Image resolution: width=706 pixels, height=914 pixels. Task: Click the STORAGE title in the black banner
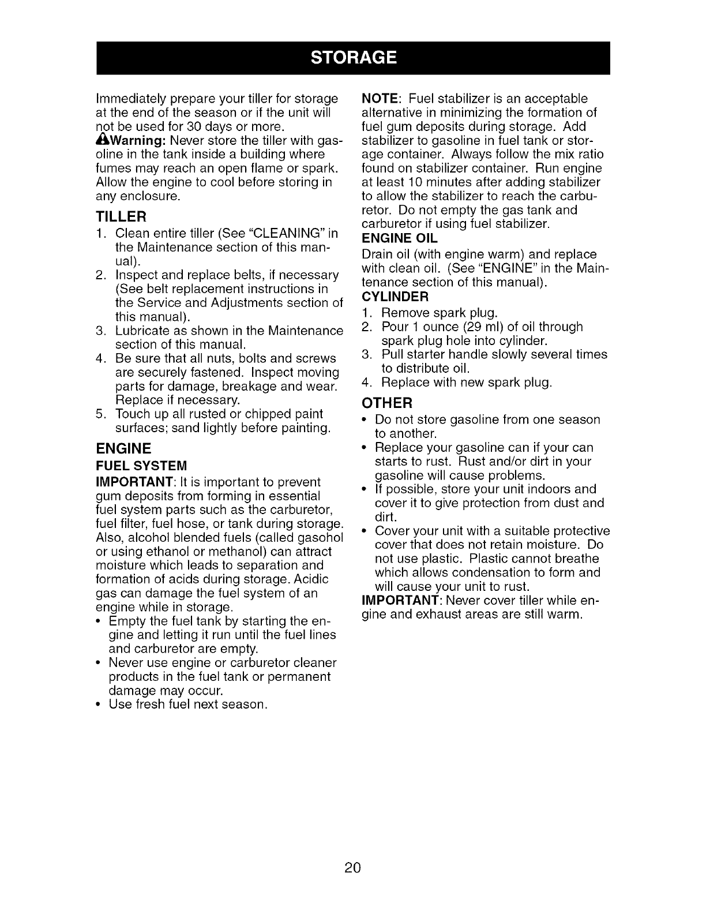[x=353, y=58]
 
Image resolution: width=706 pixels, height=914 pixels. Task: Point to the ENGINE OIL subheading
[x=399, y=238]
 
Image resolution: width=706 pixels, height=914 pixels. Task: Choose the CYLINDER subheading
[x=395, y=297]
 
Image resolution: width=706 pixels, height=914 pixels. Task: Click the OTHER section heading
[x=386, y=402]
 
